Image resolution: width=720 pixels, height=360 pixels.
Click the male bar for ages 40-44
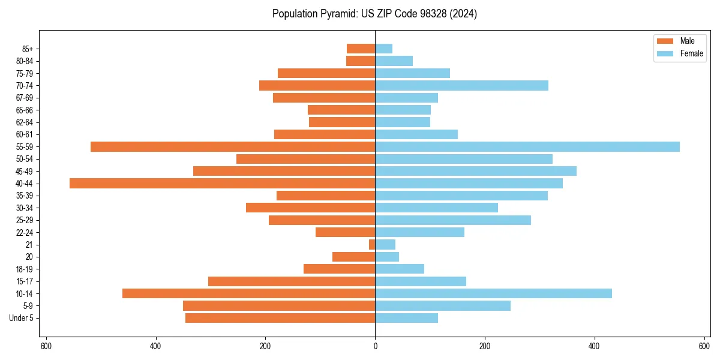(x=222, y=183)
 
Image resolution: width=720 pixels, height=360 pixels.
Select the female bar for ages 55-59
(x=527, y=146)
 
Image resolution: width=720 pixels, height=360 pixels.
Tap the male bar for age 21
(x=372, y=244)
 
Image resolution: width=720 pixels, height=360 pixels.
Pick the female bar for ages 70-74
(x=461, y=85)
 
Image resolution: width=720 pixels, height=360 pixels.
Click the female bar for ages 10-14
(x=493, y=293)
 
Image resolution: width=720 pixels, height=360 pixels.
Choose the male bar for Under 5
(x=280, y=318)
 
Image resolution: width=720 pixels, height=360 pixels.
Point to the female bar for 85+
(x=383, y=49)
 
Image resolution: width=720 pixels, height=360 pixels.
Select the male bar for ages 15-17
(x=292, y=281)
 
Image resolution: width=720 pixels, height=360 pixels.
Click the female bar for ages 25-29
(x=453, y=220)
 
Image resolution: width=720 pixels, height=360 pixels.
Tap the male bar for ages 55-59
(x=233, y=146)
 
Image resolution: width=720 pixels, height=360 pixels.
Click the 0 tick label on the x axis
(x=375, y=346)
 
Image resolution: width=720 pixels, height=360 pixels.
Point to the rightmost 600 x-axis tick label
(x=704, y=346)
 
